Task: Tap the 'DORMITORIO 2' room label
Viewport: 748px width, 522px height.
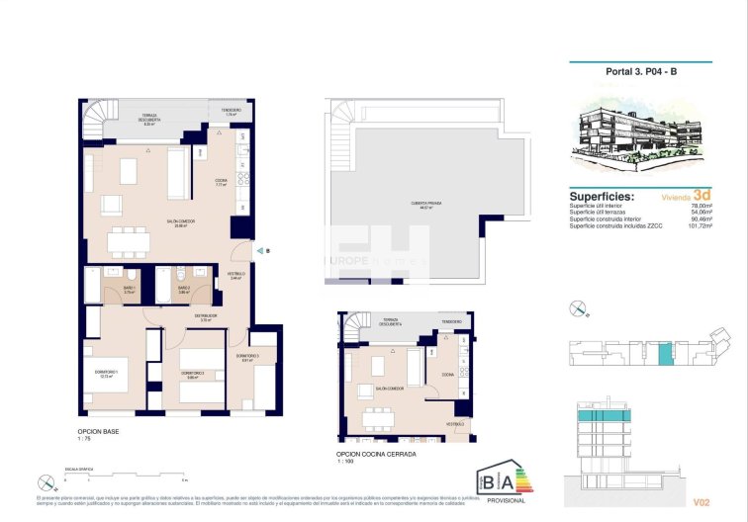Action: [191, 374]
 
